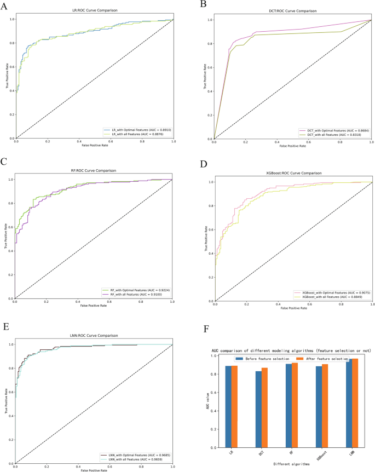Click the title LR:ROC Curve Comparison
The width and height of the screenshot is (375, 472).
click(95, 10)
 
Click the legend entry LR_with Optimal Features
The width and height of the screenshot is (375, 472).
click(137, 129)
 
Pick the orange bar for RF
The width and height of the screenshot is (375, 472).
click(295, 405)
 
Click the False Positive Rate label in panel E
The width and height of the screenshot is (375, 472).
click(94, 469)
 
